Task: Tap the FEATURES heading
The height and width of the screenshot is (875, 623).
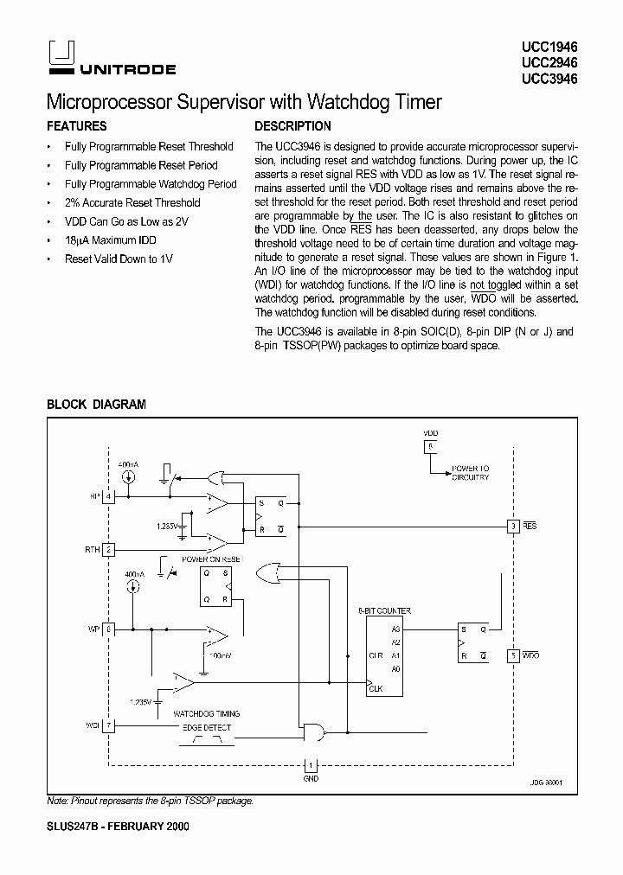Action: point(76,126)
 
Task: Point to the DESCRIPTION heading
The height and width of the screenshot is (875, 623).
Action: point(293,126)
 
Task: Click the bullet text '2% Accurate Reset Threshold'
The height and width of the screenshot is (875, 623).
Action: point(132,202)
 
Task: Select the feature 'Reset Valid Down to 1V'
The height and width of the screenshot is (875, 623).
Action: point(119,259)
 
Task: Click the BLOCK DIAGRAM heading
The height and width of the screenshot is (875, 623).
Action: point(96,404)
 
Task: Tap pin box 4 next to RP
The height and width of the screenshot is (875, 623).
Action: point(108,496)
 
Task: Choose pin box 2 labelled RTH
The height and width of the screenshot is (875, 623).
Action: point(108,549)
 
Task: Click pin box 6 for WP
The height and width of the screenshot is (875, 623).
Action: point(108,629)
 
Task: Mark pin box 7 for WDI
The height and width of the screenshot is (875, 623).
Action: point(108,725)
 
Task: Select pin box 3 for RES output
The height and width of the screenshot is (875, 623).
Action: point(513,526)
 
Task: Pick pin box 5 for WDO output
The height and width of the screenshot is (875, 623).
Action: point(513,656)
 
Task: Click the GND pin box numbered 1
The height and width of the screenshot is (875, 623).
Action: point(311,765)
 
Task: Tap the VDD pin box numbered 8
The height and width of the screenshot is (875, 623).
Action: point(429,445)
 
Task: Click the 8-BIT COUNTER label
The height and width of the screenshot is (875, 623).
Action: point(384,611)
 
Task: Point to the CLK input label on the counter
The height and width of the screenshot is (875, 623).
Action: point(376,688)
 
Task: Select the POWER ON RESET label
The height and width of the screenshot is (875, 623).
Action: point(212,559)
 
